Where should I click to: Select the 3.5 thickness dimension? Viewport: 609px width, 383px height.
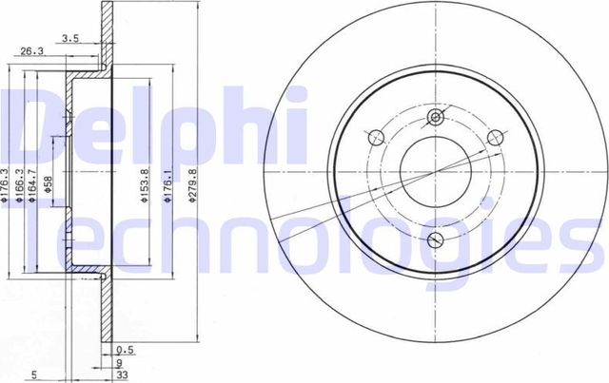[x=69, y=39]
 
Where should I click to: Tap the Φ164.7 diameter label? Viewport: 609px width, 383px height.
[x=33, y=181]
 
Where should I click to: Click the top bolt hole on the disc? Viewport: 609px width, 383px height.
[x=436, y=117]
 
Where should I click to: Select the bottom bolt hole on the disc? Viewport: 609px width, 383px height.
[x=437, y=239]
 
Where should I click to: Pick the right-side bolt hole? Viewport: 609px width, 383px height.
[x=495, y=138]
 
